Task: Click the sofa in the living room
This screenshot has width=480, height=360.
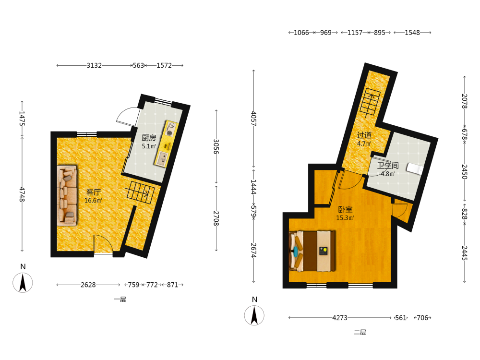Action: pyautogui.click(x=67, y=196)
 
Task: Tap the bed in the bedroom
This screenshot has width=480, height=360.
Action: pyautogui.click(x=312, y=251)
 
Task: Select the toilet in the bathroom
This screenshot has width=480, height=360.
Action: pyautogui.click(x=415, y=168)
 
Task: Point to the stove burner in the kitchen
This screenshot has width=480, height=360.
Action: pyautogui.click(x=170, y=129)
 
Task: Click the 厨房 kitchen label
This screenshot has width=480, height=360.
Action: pyautogui.click(x=149, y=138)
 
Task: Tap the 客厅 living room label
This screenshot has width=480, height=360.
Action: pyautogui.click(x=94, y=192)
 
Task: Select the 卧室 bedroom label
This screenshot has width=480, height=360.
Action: pyautogui.click(x=345, y=210)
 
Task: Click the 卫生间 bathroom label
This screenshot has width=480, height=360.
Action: pyautogui.click(x=388, y=166)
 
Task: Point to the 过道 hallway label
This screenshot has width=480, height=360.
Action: pyautogui.click(x=364, y=135)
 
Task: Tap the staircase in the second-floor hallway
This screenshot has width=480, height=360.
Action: pyautogui.click(x=371, y=103)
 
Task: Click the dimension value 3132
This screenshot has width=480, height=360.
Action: pyautogui.click(x=94, y=65)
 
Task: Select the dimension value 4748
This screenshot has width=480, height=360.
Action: pyautogui.click(x=22, y=194)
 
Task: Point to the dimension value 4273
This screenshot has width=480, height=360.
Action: pyautogui.click(x=340, y=318)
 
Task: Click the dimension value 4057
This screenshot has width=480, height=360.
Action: pyautogui.click(x=254, y=119)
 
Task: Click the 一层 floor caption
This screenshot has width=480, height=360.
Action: pyautogui.click(x=120, y=300)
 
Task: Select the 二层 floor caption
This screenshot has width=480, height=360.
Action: pyautogui.click(x=360, y=332)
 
